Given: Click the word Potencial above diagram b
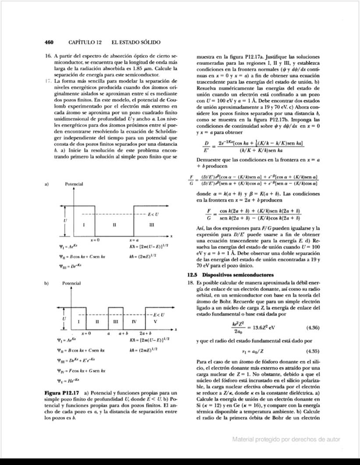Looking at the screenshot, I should point(74,284).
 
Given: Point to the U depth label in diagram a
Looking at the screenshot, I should point(65,221).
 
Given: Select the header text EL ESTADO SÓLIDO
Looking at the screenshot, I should point(136,42).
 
